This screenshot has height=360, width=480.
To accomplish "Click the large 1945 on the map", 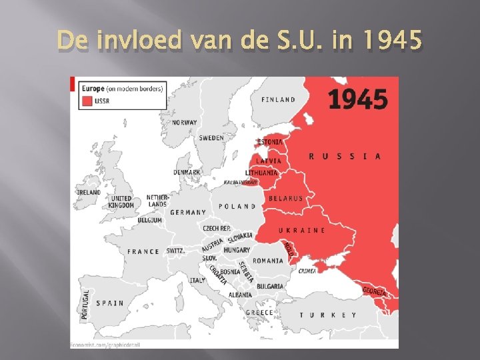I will tap(357, 99).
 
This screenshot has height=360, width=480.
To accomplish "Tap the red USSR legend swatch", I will tap(87, 101).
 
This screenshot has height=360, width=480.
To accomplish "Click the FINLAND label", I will tap(279, 100).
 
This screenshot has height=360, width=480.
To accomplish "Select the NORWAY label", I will tap(185, 123).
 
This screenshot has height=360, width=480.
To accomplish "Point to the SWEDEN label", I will tap(211, 138).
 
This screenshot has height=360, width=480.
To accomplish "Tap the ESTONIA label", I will tap(269, 142).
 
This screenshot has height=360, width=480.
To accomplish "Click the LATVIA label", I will tap(269, 161).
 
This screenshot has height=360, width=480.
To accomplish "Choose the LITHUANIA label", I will tap(261, 173).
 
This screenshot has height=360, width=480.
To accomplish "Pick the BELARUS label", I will tap(285, 198).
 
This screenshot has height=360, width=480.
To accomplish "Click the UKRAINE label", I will tap(302, 230).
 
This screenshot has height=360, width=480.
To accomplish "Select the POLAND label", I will tap(237, 207).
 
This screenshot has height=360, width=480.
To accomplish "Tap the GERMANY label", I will tap(188, 213).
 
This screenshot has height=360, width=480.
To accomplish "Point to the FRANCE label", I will tap(143, 251).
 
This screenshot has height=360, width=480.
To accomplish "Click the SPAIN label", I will tap(110, 303).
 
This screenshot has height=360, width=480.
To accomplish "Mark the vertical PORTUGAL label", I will tap(85, 303).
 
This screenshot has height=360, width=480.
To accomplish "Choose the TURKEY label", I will tap(327, 315).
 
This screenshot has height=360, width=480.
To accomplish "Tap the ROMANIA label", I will tap(269, 261).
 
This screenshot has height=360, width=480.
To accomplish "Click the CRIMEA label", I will tap(307, 271).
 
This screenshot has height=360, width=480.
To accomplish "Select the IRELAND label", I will tap(89, 192).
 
